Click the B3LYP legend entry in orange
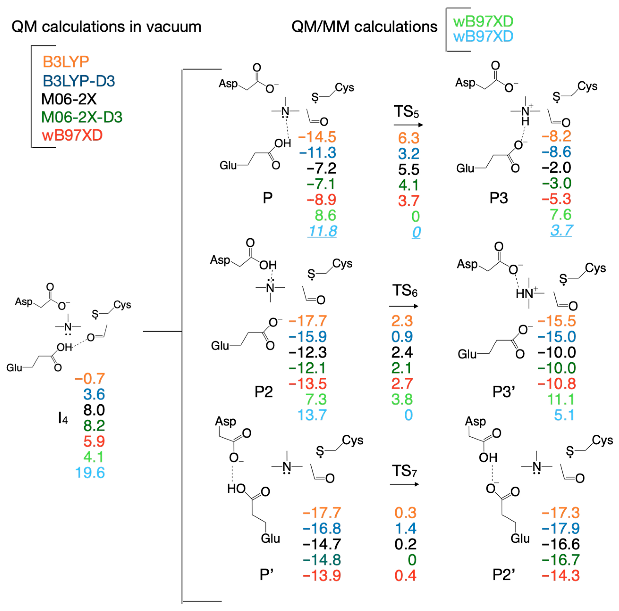click(x=66, y=62)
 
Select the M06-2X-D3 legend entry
click(x=82, y=117)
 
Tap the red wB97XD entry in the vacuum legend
click(x=72, y=135)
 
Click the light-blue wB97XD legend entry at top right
click(x=483, y=37)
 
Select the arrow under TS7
click(x=404, y=484)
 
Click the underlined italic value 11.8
click(x=322, y=231)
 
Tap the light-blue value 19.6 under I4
click(x=90, y=473)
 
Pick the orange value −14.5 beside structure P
click(x=317, y=137)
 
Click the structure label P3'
click(x=504, y=392)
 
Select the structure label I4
click(x=63, y=418)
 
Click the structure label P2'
click(x=504, y=575)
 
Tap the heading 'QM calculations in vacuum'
click(x=106, y=27)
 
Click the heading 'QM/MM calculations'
click(x=364, y=27)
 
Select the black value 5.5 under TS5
click(x=408, y=169)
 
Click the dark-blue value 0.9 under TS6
click(x=402, y=337)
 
